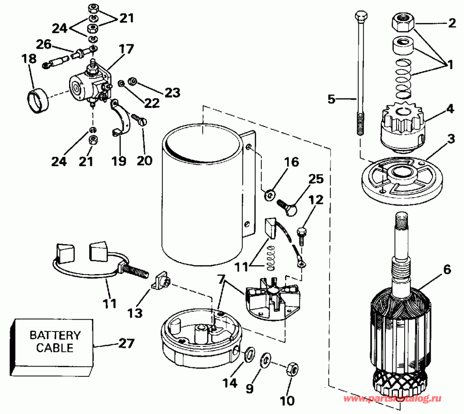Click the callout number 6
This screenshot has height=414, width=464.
pyautogui.click(x=446, y=268)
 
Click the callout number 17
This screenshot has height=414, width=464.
pyautogui.click(x=127, y=50)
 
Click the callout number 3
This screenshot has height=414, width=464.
pyautogui.click(x=451, y=138)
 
